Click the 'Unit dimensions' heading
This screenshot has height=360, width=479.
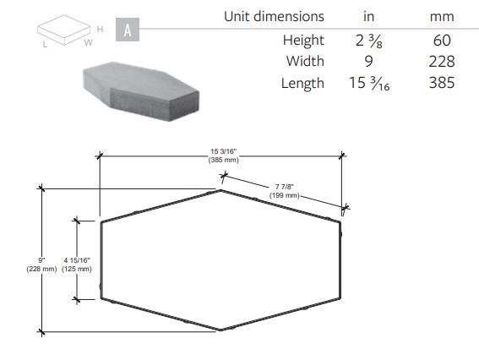point(274,17)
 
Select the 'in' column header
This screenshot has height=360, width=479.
point(368,17)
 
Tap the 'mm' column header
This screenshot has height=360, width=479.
point(442,17)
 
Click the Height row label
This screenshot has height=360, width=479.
point(303,41)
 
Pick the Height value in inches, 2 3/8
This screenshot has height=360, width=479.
point(368,41)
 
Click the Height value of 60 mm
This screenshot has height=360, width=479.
point(442,41)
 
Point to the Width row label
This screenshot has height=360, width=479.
point(305,61)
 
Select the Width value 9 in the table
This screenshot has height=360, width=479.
point(368,62)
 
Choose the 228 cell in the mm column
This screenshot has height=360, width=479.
point(442,62)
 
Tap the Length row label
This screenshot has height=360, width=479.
point(302,83)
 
